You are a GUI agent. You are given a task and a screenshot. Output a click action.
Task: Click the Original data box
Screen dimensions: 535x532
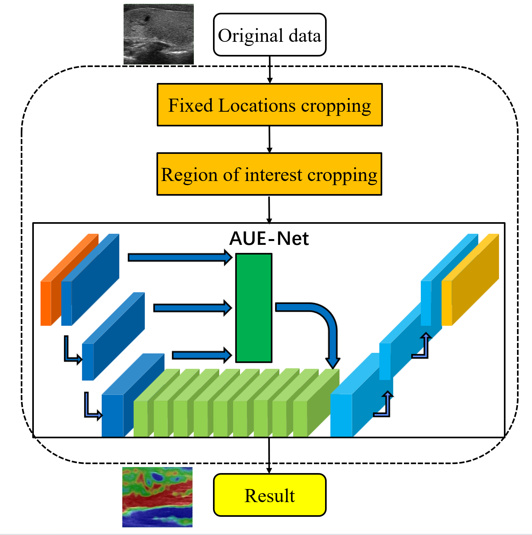pyautogui.click(x=270, y=35)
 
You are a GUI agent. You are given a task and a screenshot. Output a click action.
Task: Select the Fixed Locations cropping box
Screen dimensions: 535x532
pyautogui.click(x=270, y=105)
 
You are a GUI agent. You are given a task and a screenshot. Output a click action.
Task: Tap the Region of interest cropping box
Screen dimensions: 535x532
pyautogui.click(x=269, y=174)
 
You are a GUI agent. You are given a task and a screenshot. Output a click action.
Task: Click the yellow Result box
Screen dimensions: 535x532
pyautogui.click(x=270, y=495)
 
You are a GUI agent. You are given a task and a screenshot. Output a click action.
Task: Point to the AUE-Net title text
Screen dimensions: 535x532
pyautogui.click(x=269, y=238)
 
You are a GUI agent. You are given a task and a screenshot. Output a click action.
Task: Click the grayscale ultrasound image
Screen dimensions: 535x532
pyautogui.click(x=158, y=34)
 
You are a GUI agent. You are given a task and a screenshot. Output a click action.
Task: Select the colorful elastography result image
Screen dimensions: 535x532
pyautogui.click(x=157, y=497)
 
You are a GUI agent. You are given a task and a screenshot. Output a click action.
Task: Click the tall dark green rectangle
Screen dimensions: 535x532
pyautogui.click(x=254, y=308)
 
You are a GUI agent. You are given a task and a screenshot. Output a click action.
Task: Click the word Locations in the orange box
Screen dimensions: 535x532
pyautogui.click(x=257, y=105)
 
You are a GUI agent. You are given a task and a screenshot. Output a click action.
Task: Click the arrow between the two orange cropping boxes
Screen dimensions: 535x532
pyautogui.click(x=270, y=139)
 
